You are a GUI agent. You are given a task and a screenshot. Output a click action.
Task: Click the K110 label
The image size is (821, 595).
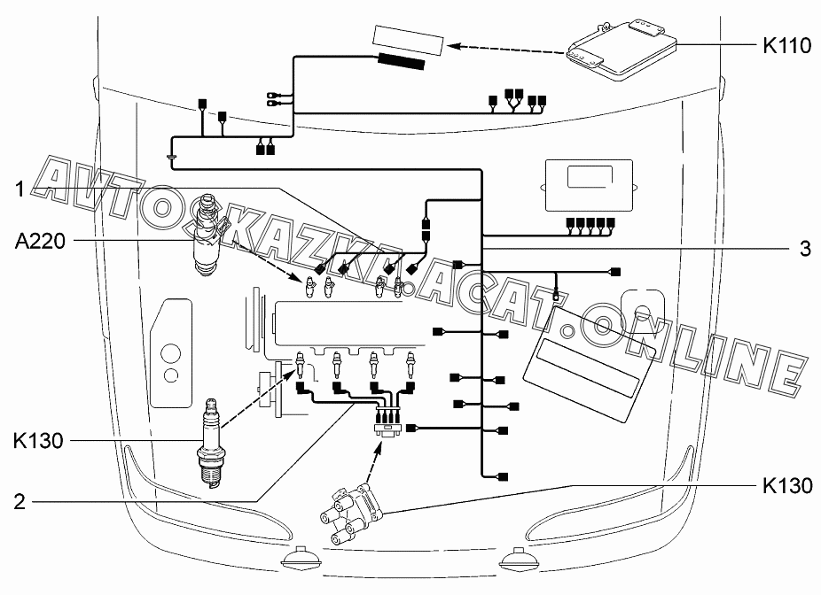pos(786,46)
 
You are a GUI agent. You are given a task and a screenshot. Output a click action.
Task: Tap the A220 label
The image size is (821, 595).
pos(40,239)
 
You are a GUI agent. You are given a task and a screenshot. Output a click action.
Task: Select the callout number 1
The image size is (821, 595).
pos(17,188)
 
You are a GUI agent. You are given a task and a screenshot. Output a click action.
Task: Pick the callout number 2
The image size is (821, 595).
pos(19,501)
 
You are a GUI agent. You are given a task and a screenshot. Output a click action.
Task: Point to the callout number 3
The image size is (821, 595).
pos(804,249)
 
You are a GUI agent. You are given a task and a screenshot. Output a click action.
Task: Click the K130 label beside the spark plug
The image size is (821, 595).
pos(38,440)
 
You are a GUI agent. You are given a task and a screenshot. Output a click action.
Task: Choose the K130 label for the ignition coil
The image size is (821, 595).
pos(786,485)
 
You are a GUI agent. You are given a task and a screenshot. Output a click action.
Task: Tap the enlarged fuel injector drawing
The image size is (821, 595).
pos(207,235)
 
